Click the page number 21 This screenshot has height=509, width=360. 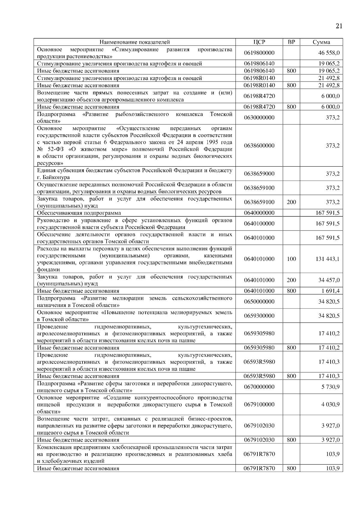click(339, 26)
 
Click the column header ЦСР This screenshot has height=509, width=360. click(259, 42)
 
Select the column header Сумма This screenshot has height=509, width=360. click(321, 42)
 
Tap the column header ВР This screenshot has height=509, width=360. click(291, 42)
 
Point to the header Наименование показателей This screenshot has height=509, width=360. click(135, 42)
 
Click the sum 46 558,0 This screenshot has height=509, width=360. click(329, 53)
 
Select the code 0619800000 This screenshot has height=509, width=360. click(259, 53)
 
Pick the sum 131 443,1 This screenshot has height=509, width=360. click(327, 259)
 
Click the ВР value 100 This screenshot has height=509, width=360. click(291, 259)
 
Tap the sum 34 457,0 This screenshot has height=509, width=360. click(329, 280)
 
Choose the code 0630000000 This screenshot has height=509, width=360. click(259, 118)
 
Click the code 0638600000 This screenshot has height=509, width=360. click(259, 146)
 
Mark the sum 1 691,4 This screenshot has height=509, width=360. click(330, 291)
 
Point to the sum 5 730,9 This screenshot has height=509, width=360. click(330, 387)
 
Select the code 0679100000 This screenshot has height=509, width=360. click(259, 405)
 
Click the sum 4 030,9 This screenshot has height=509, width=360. click(330, 405)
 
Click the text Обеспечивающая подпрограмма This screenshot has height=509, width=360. click(79, 213)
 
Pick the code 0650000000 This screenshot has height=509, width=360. click(259, 302)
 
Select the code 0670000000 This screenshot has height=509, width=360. click(259, 387)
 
